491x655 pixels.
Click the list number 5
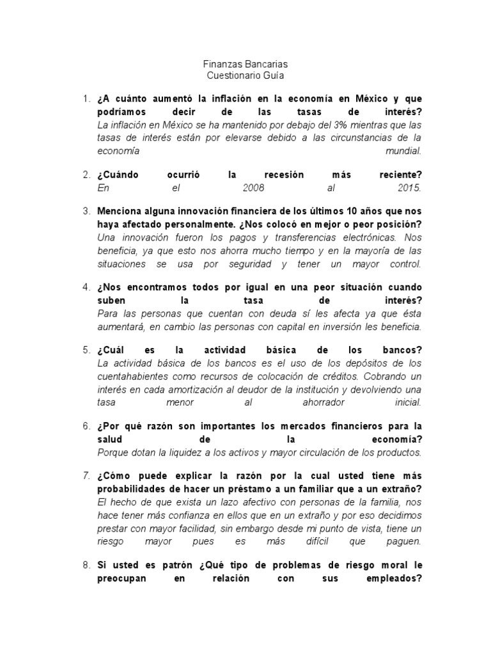pos(86,349)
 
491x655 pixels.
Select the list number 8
pos(86,565)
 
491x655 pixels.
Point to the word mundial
pos(403,151)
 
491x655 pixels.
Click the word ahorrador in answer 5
pos(324,402)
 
